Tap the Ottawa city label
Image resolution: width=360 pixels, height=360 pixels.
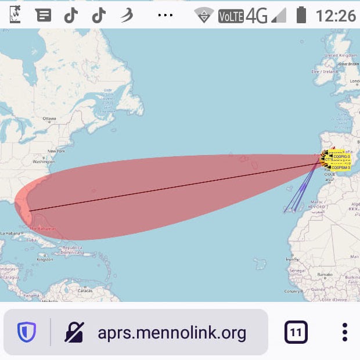49,119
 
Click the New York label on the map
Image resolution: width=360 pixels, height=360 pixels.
56,151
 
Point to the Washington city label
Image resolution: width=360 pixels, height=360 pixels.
44,161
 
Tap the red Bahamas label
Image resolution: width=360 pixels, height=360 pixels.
43,229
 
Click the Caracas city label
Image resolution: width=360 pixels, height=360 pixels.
85,289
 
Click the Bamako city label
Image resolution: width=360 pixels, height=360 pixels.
324,274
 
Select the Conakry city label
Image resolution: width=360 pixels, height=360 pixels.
293,291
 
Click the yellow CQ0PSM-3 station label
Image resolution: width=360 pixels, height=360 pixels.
341,168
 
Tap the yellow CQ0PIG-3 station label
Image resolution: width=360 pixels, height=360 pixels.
341,156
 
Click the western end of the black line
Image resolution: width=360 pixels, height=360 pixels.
29,211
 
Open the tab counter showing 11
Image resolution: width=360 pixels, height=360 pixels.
296,333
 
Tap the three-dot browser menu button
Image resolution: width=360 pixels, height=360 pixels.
344,333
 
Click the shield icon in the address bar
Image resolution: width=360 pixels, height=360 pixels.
27,333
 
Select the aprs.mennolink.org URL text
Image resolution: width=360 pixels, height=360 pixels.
172,333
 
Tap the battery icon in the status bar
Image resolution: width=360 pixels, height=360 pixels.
301,15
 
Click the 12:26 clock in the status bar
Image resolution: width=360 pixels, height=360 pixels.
336,15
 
